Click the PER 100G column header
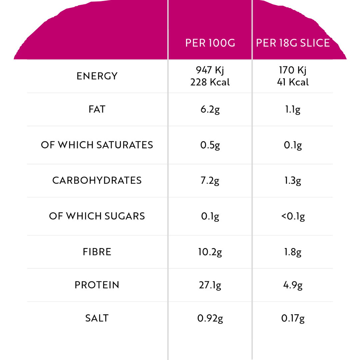(x=210, y=43)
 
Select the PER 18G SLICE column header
(x=293, y=43)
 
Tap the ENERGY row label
(x=97, y=76)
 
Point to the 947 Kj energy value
(x=210, y=70)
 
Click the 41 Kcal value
(x=293, y=82)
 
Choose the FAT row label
(x=97, y=109)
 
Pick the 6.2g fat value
(x=210, y=110)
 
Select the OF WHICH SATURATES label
(x=97, y=145)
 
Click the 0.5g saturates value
(x=210, y=145)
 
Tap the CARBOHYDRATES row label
(x=97, y=180)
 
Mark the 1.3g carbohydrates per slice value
(x=293, y=181)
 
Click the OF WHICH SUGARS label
(x=97, y=216)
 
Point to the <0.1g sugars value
(x=293, y=217)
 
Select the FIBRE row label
(x=97, y=252)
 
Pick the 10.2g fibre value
(x=210, y=252)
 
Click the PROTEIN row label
(x=97, y=285)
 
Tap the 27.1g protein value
(x=210, y=285)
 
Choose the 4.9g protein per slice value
(x=293, y=285)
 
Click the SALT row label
(x=97, y=318)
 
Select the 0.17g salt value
(x=293, y=319)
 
